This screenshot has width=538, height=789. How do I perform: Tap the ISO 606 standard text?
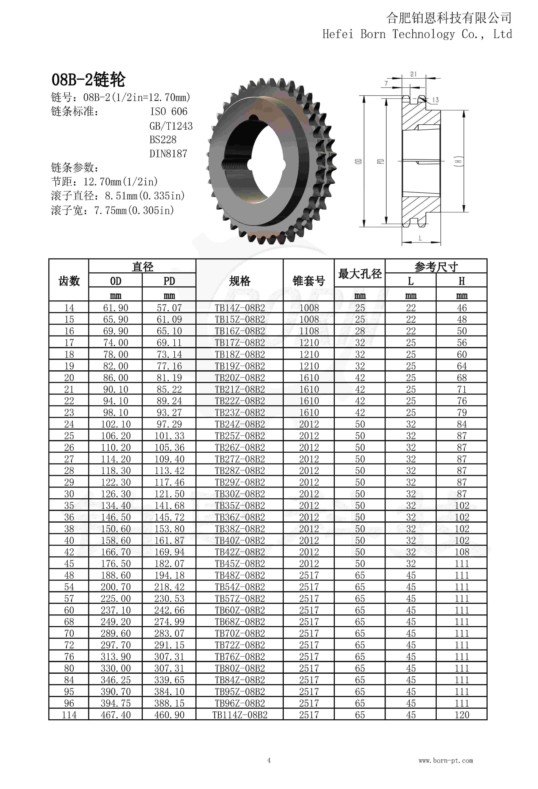pyautogui.click(x=169, y=111)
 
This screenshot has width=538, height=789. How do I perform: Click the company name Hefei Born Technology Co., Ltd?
pyautogui.click(x=417, y=34)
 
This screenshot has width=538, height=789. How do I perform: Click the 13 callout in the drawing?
pyautogui.click(x=435, y=100)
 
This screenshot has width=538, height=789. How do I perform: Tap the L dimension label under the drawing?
pyautogui.click(x=420, y=238)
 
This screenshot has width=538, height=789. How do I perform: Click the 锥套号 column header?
pyautogui.click(x=309, y=281)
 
